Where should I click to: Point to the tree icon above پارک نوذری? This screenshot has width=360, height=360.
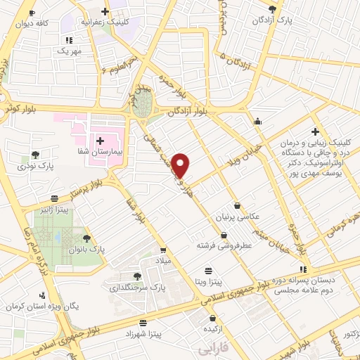pyautogui.click(x=35, y=155)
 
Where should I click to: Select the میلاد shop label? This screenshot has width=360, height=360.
pyautogui.click(x=163, y=261)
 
